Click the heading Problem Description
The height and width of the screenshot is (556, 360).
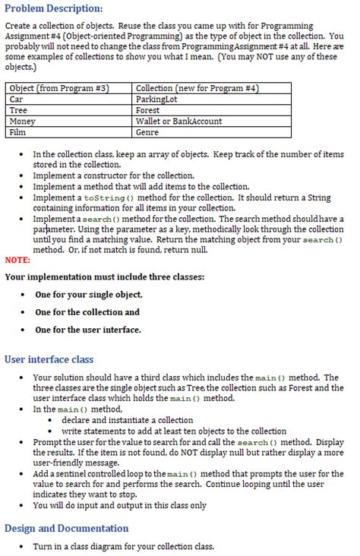tap(53, 8)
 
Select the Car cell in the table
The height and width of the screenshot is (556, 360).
tap(17, 100)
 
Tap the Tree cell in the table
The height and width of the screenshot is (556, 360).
tap(18, 110)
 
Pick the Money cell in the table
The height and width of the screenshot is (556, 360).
tap(22, 121)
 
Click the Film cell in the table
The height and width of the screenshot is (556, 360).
tap(17, 131)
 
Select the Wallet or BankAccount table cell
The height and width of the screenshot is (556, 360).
tap(178, 121)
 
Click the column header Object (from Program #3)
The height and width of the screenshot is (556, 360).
tap(58, 89)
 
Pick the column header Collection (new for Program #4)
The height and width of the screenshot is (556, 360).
tap(197, 89)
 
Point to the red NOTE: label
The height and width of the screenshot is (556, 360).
tap(17, 259)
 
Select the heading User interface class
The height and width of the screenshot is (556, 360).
tap(49, 359)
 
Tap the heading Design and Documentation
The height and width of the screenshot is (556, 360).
tap(67, 528)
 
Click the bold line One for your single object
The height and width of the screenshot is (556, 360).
tap(89, 294)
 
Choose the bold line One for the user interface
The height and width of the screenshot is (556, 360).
tap(88, 330)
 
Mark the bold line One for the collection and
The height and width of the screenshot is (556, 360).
tap(87, 312)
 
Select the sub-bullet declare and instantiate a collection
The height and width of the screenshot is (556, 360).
tap(127, 420)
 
